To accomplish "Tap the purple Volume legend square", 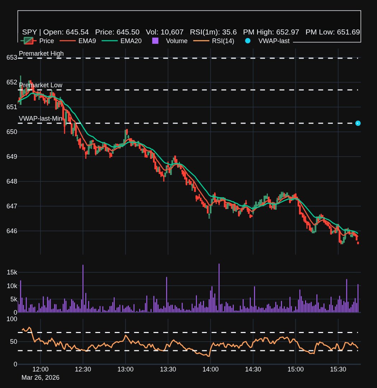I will coord(155,41).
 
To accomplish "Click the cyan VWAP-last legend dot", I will coord(247,41).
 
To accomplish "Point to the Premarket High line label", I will coord(41,54).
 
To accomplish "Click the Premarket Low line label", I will coord(41,85).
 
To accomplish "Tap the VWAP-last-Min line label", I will coord(41,119).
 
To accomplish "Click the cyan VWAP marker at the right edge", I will coord(358,123).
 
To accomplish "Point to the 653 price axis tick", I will coord(12,58).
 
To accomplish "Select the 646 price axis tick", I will coord(12,231).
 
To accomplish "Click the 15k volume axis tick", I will coord(12,272).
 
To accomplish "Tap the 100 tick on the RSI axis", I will coord(12,319).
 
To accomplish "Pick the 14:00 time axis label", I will coord(210,369).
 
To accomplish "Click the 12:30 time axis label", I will coord(83,369).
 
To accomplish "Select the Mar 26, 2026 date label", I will coord(41,378).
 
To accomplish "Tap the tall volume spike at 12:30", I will coord(83,288).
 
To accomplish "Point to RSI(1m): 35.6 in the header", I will coord(213,32).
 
